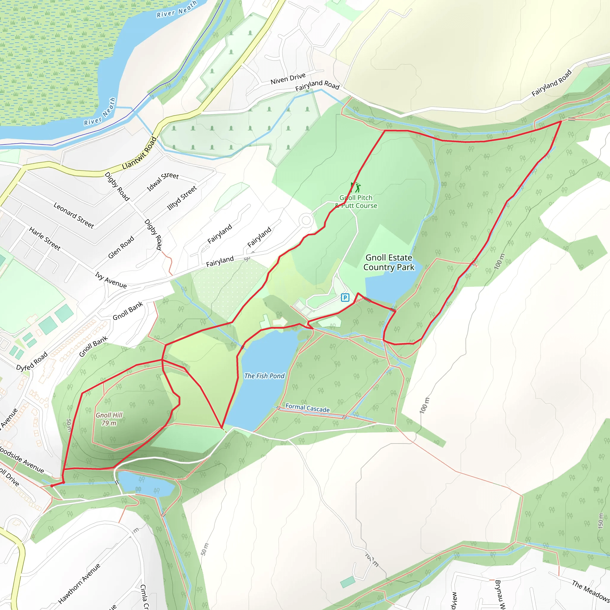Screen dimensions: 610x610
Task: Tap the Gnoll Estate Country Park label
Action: [x=389, y=262]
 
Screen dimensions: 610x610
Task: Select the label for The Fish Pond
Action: [x=264, y=376]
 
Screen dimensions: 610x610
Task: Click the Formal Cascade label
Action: [x=307, y=408]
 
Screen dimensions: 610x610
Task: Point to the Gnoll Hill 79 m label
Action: [x=109, y=419]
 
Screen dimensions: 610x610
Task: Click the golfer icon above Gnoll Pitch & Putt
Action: [x=356, y=187]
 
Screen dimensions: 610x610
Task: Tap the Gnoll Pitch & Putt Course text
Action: [x=356, y=201]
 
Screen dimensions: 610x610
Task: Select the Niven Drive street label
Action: [x=288, y=78]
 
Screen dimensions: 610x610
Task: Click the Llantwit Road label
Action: [x=139, y=153]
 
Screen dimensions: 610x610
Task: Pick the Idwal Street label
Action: [x=163, y=182]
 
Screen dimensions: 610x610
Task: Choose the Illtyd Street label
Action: [x=182, y=198]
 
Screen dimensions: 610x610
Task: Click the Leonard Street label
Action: [x=74, y=215]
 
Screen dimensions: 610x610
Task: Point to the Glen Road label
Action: [x=121, y=247]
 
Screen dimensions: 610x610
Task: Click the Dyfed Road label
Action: [x=32, y=361]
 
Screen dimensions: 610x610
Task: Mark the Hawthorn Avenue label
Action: [x=79, y=583]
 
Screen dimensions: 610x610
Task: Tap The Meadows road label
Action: [x=591, y=591]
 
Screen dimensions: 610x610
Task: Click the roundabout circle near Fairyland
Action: [x=306, y=220]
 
